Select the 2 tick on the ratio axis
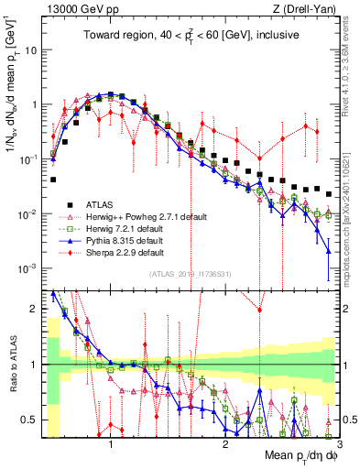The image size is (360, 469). (35, 309)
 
